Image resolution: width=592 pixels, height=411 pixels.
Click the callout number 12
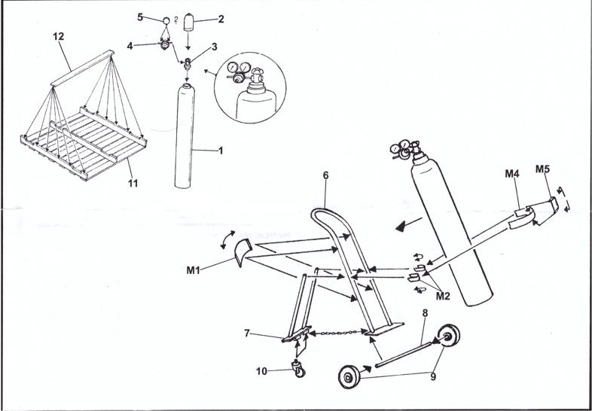59,37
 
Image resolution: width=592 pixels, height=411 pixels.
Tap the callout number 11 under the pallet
133,184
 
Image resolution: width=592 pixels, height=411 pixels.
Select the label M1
193,270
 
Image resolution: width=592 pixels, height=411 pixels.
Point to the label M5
542,169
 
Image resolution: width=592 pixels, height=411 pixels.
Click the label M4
512,174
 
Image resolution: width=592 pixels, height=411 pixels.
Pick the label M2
443,296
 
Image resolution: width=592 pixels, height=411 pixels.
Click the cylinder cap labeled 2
188,23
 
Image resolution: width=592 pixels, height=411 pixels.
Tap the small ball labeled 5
166,21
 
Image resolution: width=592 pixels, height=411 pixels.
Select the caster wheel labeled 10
298,369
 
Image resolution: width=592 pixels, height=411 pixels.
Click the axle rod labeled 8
403,354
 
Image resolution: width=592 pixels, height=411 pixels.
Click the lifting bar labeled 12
83,68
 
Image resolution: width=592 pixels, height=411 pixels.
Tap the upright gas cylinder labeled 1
185,135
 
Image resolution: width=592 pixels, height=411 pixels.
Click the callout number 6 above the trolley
326,175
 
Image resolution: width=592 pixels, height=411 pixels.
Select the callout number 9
433,376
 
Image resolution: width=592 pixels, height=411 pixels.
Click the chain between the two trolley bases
338,333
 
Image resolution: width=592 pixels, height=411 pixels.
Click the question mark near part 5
176,21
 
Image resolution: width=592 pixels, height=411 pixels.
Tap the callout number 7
247,333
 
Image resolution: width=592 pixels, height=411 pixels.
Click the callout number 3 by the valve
215,47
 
